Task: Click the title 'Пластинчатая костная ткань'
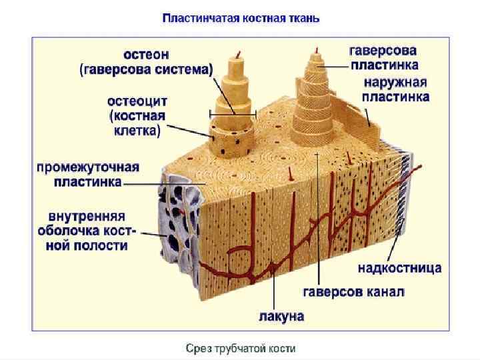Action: click(241, 18)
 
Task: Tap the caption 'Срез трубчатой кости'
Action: click(240, 348)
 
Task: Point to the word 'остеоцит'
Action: click(137, 101)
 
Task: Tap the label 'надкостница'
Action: click(400, 268)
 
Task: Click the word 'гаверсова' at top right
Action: click(383, 51)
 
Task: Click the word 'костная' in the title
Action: click(262, 18)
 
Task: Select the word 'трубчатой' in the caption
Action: click(240, 348)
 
